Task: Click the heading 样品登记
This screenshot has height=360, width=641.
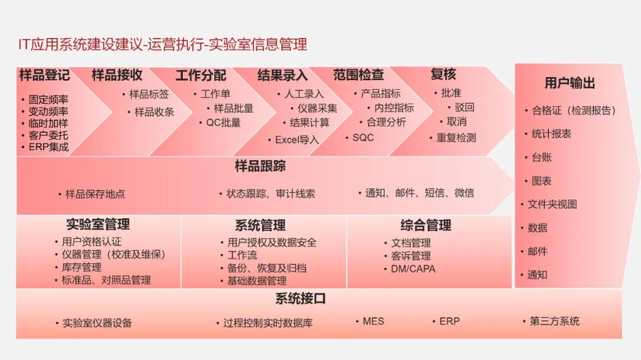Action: pos(44,75)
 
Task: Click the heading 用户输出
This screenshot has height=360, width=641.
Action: pos(569,83)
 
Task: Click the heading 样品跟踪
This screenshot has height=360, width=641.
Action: pos(260,166)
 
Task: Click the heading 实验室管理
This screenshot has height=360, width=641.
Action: pos(98,224)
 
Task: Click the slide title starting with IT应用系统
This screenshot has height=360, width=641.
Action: pos(163,44)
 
